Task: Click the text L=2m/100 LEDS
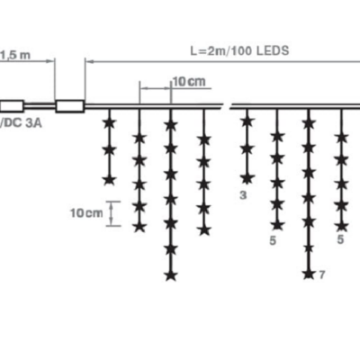pyautogui.click(x=239, y=50)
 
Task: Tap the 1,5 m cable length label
pyautogui.click(x=15, y=55)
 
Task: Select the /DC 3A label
pyautogui.click(x=21, y=123)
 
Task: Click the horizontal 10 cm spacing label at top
pyautogui.click(x=189, y=81)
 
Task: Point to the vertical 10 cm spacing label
pyautogui.click(x=86, y=213)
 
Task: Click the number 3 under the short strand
pyautogui.click(x=243, y=195)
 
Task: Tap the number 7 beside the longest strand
pyautogui.click(x=322, y=274)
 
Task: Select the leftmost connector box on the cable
pyautogui.click(x=12, y=106)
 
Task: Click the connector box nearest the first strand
pyautogui.click(x=70, y=106)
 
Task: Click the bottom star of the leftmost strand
pyautogui.click(x=110, y=180)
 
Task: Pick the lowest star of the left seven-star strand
pyautogui.click(x=171, y=275)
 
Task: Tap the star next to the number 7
pyautogui.click(x=308, y=274)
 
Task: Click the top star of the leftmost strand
pyautogui.click(x=110, y=123)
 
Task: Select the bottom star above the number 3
pyautogui.click(x=247, y=179)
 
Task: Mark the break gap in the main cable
pyautogui.click(x=227, y=106)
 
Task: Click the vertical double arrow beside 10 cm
pyautogui.click(x=112, y=213)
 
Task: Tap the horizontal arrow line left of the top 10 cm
pyautogui.click(x=156, y=88)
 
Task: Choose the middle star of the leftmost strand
pyautogui.click(x=110, y=150)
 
